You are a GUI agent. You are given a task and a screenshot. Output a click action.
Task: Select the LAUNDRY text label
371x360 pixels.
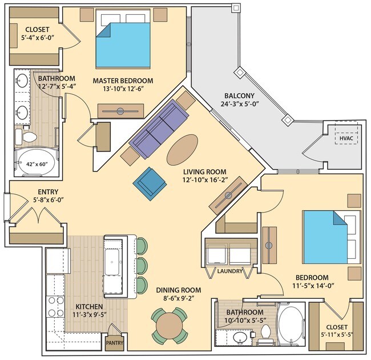[x=229, y=271]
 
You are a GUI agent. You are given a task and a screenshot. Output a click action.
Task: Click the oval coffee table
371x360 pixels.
[x=183, y=148]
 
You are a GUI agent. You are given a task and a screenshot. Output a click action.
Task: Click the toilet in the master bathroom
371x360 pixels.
[x=29, y=135]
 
